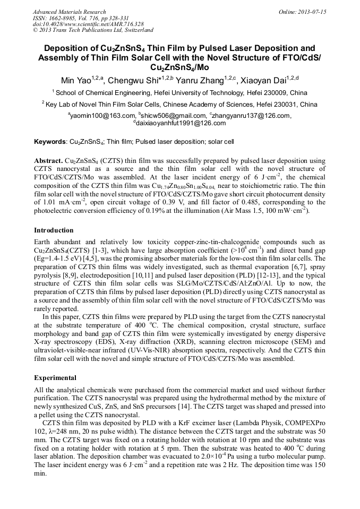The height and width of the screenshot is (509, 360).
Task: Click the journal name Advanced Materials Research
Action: tap(70, 12)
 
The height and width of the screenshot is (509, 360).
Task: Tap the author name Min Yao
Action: tap(75, 81)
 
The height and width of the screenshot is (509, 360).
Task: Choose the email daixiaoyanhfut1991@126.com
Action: tap(181, 123)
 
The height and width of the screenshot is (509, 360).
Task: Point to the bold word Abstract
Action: tap(48, 160)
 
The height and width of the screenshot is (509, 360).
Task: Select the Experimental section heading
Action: tap(55, 378)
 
